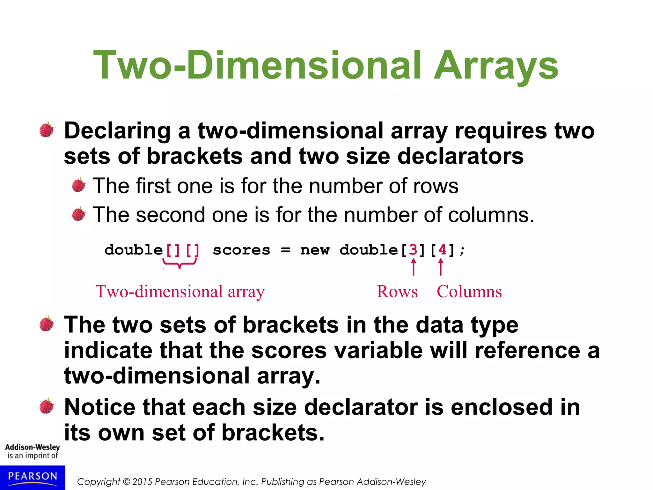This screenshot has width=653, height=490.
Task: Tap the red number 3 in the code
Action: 413,250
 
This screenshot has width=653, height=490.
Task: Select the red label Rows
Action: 397,292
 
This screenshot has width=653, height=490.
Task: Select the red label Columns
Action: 469,292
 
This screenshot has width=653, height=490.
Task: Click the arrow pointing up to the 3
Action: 414,267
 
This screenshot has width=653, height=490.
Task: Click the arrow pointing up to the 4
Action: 441,267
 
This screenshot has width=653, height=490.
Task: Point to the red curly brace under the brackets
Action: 180,264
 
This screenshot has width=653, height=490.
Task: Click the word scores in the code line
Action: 241,250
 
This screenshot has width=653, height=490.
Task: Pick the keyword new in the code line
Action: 315,250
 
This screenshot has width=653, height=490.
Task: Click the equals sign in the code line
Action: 286,250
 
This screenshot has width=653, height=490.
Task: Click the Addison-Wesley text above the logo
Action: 33,447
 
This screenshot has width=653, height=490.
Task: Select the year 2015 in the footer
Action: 143,482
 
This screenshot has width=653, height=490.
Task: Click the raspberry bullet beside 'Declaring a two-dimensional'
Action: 47,130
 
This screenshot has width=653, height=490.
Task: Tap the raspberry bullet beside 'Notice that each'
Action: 47,406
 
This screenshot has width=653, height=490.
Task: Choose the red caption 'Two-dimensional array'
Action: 180,292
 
